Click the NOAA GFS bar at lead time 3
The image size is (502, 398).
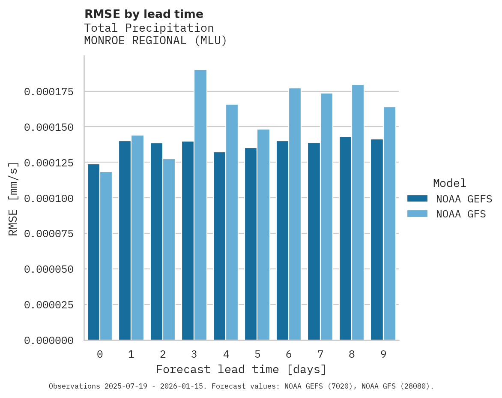(200, 205)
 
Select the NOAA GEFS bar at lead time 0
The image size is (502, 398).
(93, 252)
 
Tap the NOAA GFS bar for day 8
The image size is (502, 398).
(358, 212)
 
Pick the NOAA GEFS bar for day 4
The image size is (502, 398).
(219, 246)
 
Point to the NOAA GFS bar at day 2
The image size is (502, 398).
(169, 250)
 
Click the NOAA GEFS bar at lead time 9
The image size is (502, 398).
(377, 240)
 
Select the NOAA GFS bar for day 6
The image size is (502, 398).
(295, 214)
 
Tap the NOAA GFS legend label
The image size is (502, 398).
(461, 214)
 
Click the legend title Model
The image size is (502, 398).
(449, 184)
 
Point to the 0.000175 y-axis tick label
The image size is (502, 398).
(49, 92)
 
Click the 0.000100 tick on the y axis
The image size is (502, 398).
(49, 198)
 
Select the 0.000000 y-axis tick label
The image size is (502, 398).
(49, 341)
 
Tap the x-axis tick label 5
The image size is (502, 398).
(257, 354)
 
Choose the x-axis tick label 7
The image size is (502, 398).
(320, 354)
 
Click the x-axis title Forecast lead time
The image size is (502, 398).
(241, 369)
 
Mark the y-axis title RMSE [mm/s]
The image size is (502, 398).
(13, 199)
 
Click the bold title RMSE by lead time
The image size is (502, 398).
(143, 14)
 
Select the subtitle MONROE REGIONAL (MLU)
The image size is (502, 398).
(155, 41)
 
